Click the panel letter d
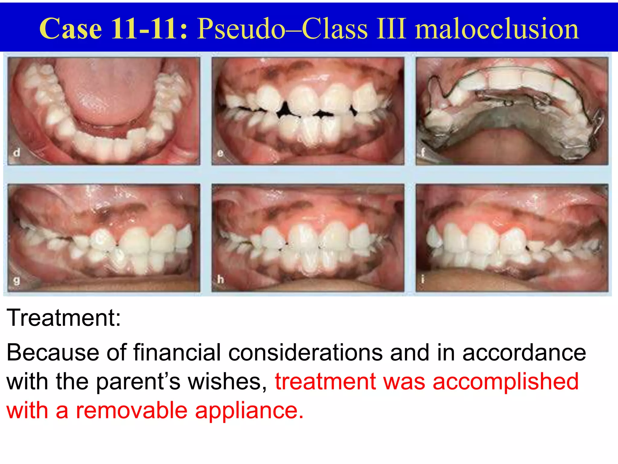pyautogui.click(x=17, y=153)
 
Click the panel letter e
pyautogui.click(x=220, y=153)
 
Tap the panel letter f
pyautogui.click(x=423, y=152)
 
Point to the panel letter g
pyautogui.click(x=17, y=281)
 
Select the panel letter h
pyautogui.click(x=221, y=280)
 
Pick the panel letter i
pyautogui.click(x=423, y=280)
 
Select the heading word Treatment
pyautogui.click(x=63, y=318)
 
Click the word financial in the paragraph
pyautogui.click(x=177, y=352)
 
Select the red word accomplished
pyautogui.click(x=506, y=382)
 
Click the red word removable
pyautogui.click(x=132, y=411)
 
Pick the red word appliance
pyautogui.click(x=249, y=411)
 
